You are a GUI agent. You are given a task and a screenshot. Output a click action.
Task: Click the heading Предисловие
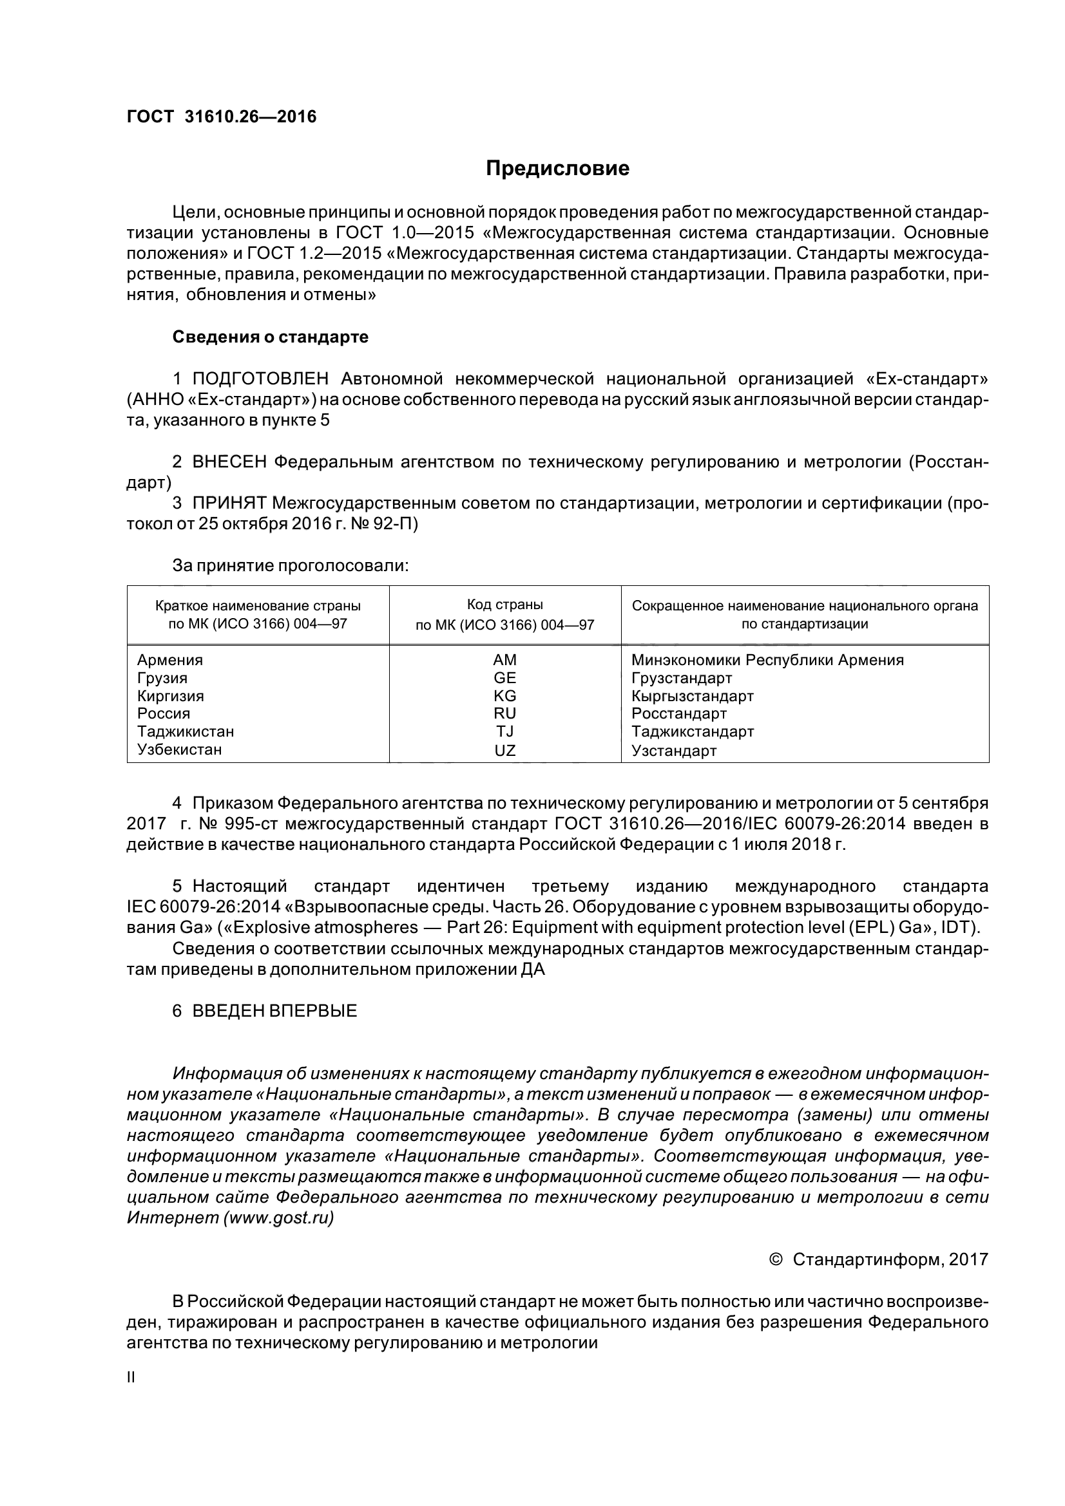click(557, 169)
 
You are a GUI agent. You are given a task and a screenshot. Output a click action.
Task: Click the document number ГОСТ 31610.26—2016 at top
click(221, 117)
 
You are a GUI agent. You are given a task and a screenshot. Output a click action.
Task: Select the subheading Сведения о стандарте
click(271, 337)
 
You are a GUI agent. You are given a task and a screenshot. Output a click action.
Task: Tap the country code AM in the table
click(504, 660)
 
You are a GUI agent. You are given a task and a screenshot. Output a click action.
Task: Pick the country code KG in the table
click(504, 696)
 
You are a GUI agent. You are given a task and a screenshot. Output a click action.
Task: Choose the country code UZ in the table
click(504, 750)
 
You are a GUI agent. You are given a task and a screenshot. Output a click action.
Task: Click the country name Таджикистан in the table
click(186, 731)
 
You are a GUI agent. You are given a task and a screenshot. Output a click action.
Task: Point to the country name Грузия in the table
click(162, 677)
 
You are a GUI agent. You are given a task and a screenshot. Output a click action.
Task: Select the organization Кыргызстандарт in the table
click(693, 696)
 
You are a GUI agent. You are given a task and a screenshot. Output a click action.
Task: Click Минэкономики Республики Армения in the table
click(767, 660)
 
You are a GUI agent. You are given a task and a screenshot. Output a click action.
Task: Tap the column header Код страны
click(504, 605)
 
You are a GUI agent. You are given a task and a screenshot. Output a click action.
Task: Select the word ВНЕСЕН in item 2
click(229, 462)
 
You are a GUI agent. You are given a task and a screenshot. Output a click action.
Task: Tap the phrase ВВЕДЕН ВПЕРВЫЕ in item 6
click(274, 1011)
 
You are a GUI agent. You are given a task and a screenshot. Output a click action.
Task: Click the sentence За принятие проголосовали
click(290, 565)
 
